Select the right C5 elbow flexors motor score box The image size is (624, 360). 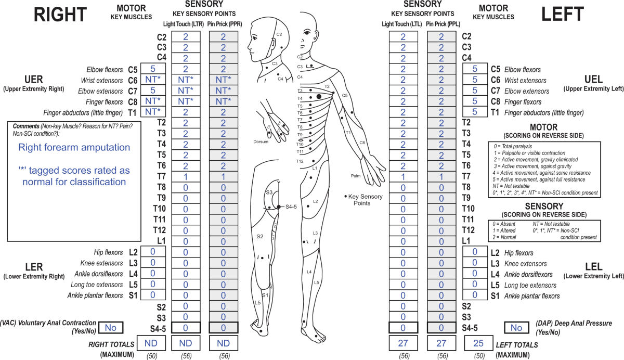152,69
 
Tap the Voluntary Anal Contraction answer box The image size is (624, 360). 111,327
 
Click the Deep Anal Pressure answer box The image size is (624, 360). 516,328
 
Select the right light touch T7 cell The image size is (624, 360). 185,176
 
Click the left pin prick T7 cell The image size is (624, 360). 441,176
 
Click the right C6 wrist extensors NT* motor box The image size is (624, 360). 152,80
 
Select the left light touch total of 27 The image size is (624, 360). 402,343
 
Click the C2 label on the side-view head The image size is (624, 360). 279,34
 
